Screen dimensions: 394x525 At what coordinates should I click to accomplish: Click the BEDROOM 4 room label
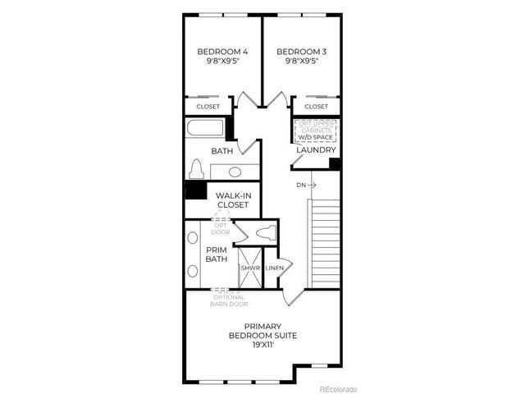[x=222, y=52]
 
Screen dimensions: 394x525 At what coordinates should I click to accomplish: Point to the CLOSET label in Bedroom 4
[x=208, y=107]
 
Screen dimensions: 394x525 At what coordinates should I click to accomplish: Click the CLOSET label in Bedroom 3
[x=316, y=107]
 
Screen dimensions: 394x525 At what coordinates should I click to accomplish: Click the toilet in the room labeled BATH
[x=196, y=169]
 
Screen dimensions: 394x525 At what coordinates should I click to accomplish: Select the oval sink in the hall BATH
[x=235, y=172]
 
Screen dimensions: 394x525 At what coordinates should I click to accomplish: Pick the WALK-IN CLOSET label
[x=232, y=199]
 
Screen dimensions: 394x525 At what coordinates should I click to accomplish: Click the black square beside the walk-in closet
[x=195, y=190]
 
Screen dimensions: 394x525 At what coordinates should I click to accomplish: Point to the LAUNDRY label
[x=317, y=150]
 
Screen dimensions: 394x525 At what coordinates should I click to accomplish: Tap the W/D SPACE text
[x=316, y=137]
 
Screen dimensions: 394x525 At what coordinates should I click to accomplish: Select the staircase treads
[x=324, y=242]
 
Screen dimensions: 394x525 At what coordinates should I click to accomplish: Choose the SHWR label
[x=249, y=268]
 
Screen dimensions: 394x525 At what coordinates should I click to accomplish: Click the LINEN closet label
[x=275, y=268]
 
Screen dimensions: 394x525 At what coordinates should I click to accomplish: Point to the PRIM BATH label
[x=217, y=254]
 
